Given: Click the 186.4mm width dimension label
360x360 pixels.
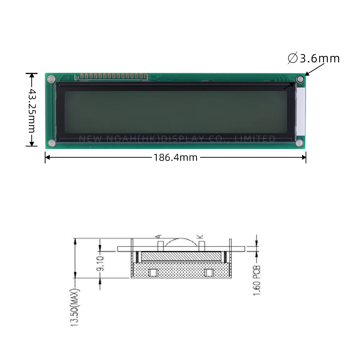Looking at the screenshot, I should (x=175, y=157).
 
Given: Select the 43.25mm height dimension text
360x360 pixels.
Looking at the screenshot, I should (x=32, y=110).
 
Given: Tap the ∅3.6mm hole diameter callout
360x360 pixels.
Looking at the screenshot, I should (x=314, y=58).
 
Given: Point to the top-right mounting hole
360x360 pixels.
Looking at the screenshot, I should (x=300, y=79).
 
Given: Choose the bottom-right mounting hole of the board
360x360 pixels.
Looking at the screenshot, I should (x=300, y=143).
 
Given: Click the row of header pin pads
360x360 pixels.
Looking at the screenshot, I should (x=111, y=76).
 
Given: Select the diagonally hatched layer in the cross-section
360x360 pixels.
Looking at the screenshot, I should (x=180, y=256).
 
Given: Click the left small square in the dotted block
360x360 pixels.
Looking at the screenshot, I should (x=153, y=273).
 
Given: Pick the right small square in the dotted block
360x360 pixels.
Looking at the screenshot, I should (x=208, y=273).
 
